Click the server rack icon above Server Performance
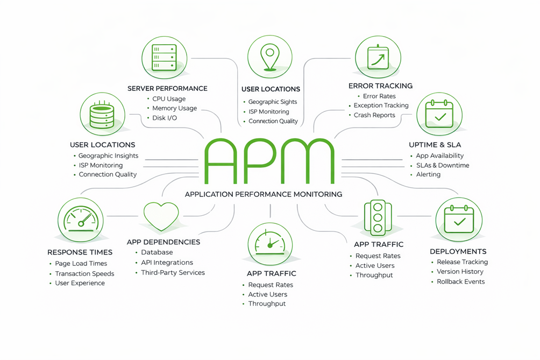165,56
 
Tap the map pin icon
269,57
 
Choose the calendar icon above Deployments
458,218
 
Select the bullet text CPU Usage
169,99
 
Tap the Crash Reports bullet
374,115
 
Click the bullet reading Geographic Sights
272,102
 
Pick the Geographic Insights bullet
108,156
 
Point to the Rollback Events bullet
460,281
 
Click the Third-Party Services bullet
173,272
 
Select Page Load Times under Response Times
81,264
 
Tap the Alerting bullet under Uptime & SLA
428,174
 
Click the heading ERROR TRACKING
380,86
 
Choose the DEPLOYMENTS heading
458,251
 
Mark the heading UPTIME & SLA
435,145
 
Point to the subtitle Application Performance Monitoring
263,194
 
